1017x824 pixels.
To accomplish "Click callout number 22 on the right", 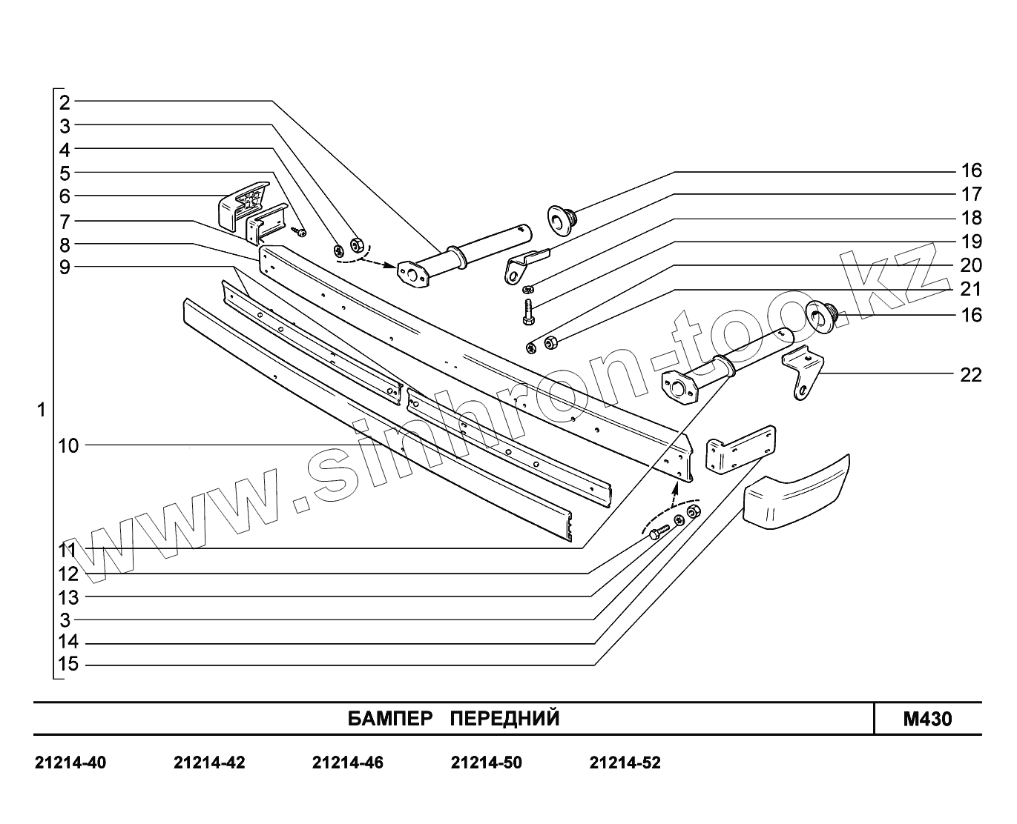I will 970,375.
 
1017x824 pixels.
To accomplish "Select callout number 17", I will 970,194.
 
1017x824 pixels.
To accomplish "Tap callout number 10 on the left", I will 68,445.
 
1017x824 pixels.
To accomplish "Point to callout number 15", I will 68,665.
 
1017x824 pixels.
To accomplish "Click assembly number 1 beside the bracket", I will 42,409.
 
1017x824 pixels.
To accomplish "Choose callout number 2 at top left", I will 65,102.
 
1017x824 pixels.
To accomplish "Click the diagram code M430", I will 927,719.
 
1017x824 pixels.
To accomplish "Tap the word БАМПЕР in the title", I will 389,719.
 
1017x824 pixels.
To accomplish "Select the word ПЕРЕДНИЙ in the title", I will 505,719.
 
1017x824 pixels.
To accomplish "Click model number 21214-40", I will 70,762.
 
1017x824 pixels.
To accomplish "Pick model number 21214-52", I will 625,762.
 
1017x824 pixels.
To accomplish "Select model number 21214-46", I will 348,762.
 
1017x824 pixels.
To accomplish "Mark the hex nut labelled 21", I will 551,342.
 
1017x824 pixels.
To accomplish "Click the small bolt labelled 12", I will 658,532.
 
